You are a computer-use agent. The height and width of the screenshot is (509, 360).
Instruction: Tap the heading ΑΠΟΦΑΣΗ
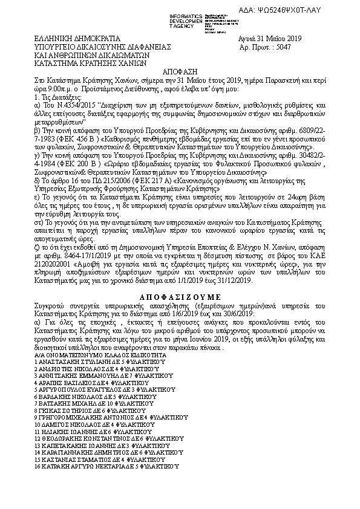tap(180, 70)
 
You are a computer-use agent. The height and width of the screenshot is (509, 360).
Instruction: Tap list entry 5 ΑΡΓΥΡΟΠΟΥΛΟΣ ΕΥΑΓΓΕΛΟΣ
tap(94, 388)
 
